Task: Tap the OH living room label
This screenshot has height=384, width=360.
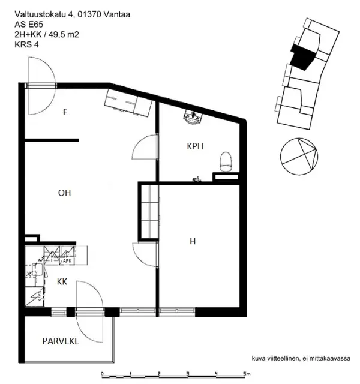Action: click(x=65, y=193)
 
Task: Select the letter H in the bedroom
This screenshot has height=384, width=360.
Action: click(x=193, y=241)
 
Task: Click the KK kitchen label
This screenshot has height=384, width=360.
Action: click(x=62, y=281)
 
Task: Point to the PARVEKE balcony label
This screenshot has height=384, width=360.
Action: click(x=61, y=341)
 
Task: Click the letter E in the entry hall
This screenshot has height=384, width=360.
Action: click(x=65, y=112)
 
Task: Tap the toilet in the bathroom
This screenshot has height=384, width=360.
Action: click(x=226, y=160)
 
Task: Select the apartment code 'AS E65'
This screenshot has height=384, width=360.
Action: click(x=28, y=25)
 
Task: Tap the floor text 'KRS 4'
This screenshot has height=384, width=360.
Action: click(x=26, y=44)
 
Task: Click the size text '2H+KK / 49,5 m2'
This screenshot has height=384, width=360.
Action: click(x=47, y=34)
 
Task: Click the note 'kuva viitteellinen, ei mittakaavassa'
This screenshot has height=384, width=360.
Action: click(x=301, y=358)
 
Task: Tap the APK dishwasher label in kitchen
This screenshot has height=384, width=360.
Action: click(x=67, y=261)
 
